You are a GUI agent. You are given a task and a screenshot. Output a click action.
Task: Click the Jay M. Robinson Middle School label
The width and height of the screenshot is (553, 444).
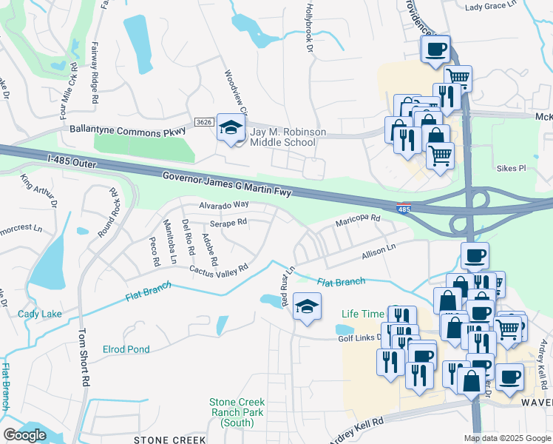click(288, 138)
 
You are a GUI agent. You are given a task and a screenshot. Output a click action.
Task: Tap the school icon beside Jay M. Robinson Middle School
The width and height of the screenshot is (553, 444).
click(231, 129)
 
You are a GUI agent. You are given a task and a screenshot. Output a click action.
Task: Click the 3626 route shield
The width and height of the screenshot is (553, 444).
click(204, 122)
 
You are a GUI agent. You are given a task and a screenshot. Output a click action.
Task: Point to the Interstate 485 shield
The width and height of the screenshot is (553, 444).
click(404, 209)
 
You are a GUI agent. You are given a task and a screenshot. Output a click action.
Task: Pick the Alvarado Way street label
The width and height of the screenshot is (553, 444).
click(223, 205)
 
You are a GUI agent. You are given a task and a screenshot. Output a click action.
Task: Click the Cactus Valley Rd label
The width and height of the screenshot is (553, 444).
click(218, 272)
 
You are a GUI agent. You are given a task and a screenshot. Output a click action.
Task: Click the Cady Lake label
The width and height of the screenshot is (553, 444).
click(40, 314)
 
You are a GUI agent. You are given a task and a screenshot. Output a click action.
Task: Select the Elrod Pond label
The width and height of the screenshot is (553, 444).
click(126, 349)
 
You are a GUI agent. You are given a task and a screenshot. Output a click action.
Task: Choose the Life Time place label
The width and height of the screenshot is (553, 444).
click(362, 314)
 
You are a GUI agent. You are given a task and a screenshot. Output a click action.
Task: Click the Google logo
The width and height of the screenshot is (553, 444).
click(24, 435)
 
